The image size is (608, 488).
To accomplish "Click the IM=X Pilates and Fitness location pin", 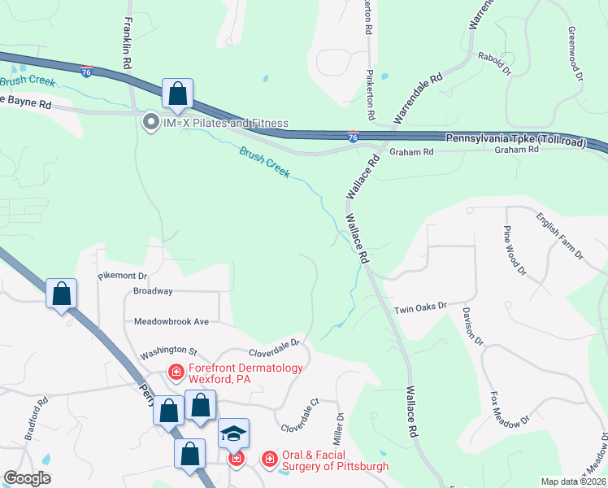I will coord(150,124).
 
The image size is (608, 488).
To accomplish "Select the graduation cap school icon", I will coord(233,434).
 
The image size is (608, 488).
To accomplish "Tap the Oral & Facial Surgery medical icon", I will coord(268,460).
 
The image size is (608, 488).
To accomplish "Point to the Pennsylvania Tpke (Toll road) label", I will coord(515,140).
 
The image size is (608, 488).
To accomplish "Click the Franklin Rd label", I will coord(128,45).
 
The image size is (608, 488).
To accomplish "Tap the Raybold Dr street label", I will coord(494,62).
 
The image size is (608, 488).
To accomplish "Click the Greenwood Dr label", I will coord(575,52).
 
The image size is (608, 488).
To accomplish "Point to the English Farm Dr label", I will coord(559,236).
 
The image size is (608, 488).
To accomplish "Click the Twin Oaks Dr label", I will coord(420,307).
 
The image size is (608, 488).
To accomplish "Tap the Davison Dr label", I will coord(473,325).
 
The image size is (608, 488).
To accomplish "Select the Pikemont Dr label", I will coord(122,277).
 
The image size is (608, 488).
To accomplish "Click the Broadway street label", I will coord(153,291).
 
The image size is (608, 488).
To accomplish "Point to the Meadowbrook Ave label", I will coord(172,321).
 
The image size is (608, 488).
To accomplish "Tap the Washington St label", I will coord(168,352).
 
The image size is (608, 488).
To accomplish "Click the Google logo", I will coord(28,478).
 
